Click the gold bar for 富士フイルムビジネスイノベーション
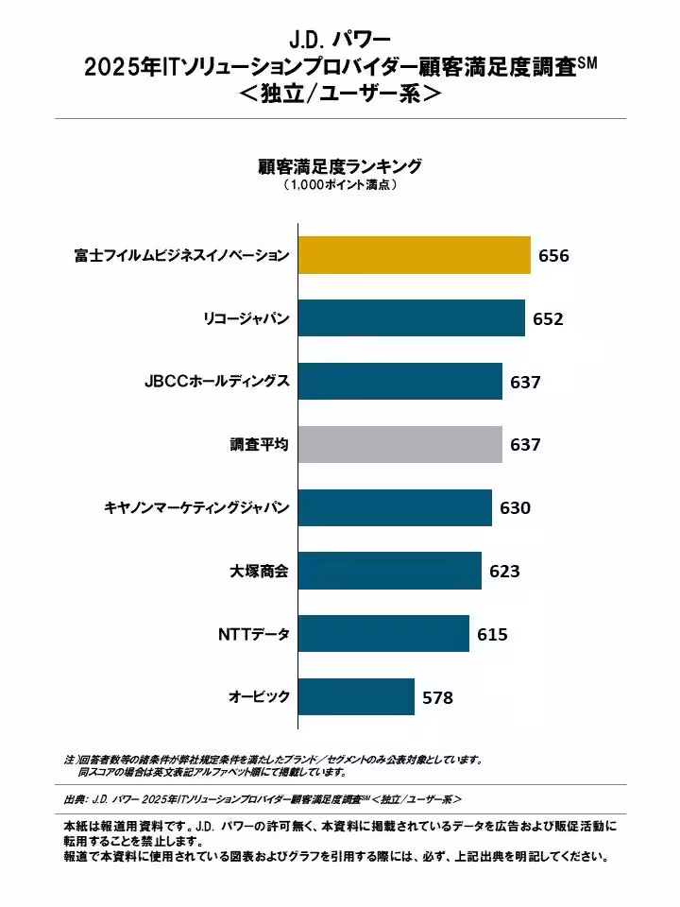click(x=414, y=255)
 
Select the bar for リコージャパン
click(x=411, y=318)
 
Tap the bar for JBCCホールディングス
click(x=399, y=382)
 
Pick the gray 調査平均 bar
click(x=399, y=444)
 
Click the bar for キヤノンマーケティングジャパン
click(x=395, y=507)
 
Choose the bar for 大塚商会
click(x=389, y=571)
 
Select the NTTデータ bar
click(x=383, y=634)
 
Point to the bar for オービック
click(x=356, y=697)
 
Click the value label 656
click(x=553, y=256)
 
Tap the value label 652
click(x=548, y=319)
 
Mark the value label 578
click(x=437, y=698)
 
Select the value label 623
click(x=504, y=572)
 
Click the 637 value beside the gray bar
click(x=525, y=445)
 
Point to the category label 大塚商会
click(x=259, y=571)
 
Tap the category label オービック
click(x=259, y=697)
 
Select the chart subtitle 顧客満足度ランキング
click(x=339, y=166)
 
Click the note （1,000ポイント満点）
click(x=339, y=186)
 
